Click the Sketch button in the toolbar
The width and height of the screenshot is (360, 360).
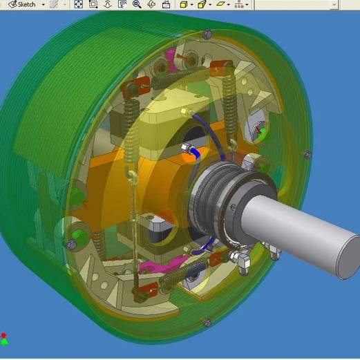pos(22,4)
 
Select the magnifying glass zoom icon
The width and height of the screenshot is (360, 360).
pos(137,4)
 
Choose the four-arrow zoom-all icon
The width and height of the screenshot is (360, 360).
pos(78,4)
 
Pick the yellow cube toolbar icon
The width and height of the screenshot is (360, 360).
pos(183,5)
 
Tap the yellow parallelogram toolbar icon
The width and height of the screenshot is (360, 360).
pos(220,4)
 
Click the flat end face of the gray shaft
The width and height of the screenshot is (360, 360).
pos(348,257)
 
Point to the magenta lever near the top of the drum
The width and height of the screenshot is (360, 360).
pos(171,59)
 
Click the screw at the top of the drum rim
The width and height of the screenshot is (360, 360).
pos(207,34)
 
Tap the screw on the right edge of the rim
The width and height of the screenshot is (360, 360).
pos(307,155)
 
